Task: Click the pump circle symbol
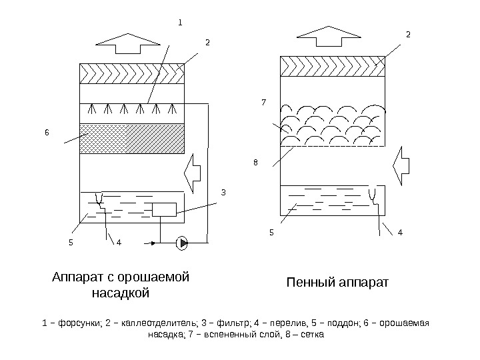[181, 243]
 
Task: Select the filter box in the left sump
[164, 209]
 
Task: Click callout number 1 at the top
[179, 21]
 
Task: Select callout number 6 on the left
[47, 132]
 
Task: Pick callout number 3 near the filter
[223, 193]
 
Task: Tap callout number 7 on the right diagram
[263, 103]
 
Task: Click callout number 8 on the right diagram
[255, 161]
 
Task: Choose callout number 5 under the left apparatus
[71, 242]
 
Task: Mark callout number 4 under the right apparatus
[399, 233]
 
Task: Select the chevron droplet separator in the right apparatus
[333, 66]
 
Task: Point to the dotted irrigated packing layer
[131, 137]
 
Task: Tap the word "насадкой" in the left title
[121, 293]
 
